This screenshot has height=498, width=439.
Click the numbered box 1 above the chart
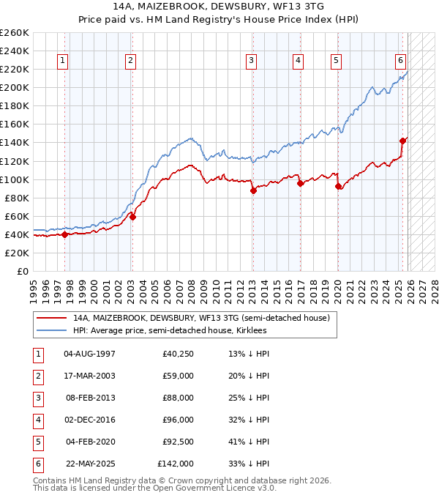click(x=63, y=61)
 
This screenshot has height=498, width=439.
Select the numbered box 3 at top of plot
click(x=251, y=61)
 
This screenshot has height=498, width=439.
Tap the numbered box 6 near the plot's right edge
click(x=401, y=61)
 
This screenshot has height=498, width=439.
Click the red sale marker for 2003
click(x=132, y=217)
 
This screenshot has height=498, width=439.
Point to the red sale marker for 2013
click(x=253, y=190)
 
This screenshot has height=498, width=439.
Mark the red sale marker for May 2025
click(x=402, y=141)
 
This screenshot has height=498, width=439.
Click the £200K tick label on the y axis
click(x=15, y=87)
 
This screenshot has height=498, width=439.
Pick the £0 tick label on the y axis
click(x=22, y=271)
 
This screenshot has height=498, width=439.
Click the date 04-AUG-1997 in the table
click(x=90, y=354)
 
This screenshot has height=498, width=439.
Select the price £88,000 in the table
click(x=179, y=398)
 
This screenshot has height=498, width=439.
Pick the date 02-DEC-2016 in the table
click(x=90, y=420)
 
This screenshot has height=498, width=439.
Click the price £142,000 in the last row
click(x=176, y=464)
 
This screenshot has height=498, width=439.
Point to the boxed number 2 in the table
click(x=37, y=376)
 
